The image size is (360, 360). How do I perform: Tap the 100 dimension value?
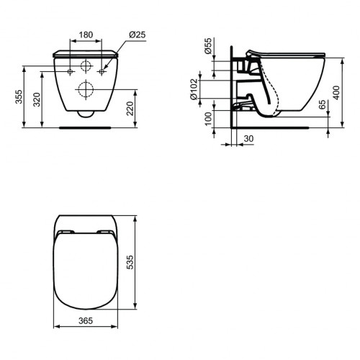pyautogui.click(x=208, y=119)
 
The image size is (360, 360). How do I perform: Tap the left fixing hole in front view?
pyautogui.click(x=69, y=72)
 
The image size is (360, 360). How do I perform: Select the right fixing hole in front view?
pyautogui.click(x=104, y=72)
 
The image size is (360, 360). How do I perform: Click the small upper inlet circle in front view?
pyautogui.click(x=86, y=68)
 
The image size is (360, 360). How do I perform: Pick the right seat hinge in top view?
pyautogui.click(x=106, y=232)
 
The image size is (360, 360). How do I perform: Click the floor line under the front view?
pyautogui.click(x=86, y=127)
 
